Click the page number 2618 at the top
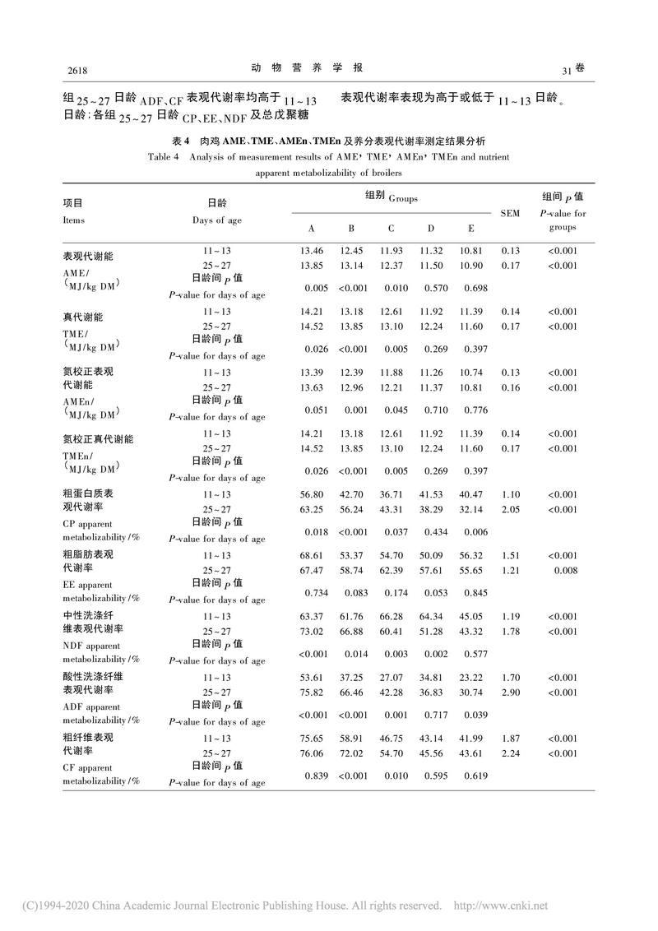[x=76, y=68]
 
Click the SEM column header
[x=510, y=213]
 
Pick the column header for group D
[x=430, y=228]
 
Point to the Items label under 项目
[x=73, y=220]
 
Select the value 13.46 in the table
[x=311, y=251]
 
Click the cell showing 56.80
[x=311, y=494]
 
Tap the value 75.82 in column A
[x=311, y=692]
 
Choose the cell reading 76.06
[x=311, y=753]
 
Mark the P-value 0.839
[x=316, y=776]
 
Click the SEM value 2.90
[x=510, y=692]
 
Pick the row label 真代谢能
[x=80, y=317]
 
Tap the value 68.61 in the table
[x=311, y=555]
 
